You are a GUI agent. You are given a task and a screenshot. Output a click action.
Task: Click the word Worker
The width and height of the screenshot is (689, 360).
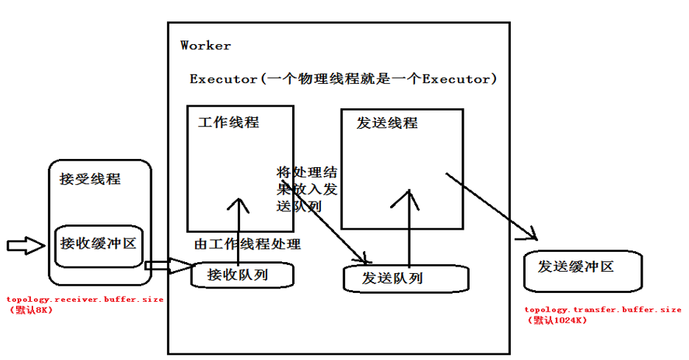(x=205, y=46)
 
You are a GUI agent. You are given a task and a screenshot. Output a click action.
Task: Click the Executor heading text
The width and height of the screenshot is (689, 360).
(x=342, y=79)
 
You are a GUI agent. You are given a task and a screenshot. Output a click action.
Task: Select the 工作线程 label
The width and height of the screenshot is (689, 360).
(x=228, y=123)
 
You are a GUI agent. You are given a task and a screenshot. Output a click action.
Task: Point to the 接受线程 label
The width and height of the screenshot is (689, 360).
(x=90, y=179)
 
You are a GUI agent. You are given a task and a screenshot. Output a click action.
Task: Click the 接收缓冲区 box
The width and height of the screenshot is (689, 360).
(x=99, y=243)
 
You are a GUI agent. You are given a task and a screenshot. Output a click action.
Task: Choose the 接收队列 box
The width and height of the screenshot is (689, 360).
(x=241, y=275)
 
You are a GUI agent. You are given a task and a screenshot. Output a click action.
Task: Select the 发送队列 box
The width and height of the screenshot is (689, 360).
(x=405, y=278)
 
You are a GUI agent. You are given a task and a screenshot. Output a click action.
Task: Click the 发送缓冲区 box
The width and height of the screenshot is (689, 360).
(x=582, y=270)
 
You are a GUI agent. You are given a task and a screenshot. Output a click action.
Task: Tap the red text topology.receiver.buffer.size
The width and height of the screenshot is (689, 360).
(x=85, y=300)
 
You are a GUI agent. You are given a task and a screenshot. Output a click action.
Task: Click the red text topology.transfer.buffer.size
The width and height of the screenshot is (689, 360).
(x=602, y=310)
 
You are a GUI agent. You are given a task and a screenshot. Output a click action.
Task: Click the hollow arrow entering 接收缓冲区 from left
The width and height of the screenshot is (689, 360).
(x=25, y=246)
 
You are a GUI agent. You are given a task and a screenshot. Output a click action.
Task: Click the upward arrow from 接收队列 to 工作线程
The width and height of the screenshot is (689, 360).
(x=238, y=228)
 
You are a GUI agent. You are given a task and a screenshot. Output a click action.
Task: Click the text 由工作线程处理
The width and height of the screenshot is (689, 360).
(x=247, y=244)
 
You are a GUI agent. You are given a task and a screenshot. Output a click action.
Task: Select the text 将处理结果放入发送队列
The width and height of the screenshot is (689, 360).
(x=306, y=189)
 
